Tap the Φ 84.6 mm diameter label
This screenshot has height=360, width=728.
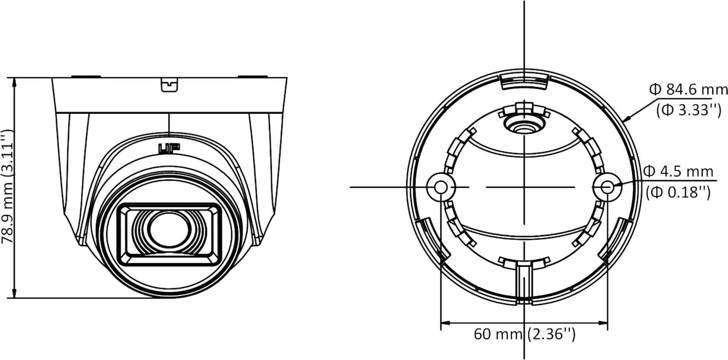[x=688, y=90]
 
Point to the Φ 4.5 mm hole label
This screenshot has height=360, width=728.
[x=678, y=171]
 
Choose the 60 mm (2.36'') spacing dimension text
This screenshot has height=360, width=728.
[x=525, y=334]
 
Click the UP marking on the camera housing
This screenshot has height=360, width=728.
[x=169, y=149]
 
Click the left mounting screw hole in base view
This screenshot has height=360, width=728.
[x=441, y=187]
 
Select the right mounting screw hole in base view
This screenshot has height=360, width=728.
[x=608, y=187]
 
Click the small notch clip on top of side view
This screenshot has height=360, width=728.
[x=169, y=84]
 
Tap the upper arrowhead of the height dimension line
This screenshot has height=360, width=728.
[x=15, y=81]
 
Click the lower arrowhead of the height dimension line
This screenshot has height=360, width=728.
[x=15, y=294]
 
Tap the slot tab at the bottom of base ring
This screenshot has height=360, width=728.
[x=524, y=283]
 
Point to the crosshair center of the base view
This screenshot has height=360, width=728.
[x=524, y=187]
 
